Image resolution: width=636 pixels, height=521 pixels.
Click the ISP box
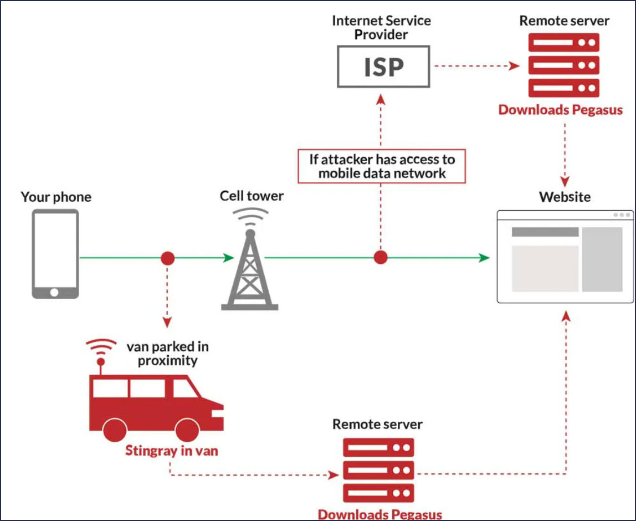coord(383,67)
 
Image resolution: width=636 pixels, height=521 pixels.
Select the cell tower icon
coord(249,265)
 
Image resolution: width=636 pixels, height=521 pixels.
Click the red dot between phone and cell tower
coord(167,258)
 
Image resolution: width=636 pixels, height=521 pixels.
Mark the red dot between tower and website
coord(380,257)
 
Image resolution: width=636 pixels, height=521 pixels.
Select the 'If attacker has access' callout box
coord(381,166)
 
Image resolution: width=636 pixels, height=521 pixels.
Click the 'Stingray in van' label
coord(171,450)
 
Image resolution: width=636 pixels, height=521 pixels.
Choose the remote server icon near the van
coord(378,469)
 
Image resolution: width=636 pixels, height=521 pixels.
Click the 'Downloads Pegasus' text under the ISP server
coord(560,109)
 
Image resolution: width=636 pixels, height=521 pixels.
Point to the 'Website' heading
coord(565,197)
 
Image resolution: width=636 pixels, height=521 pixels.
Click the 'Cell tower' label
coord(252,196)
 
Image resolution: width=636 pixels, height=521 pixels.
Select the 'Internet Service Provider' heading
coord(381,27)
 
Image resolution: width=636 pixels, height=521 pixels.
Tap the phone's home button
coord(54,292)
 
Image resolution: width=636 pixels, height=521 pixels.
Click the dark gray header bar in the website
coord(545,232)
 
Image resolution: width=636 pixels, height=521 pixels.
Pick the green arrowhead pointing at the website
coord(484,257)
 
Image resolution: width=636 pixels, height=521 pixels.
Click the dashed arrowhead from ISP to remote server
coord(515,66)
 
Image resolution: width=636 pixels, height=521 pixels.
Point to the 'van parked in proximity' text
coord(167,354)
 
